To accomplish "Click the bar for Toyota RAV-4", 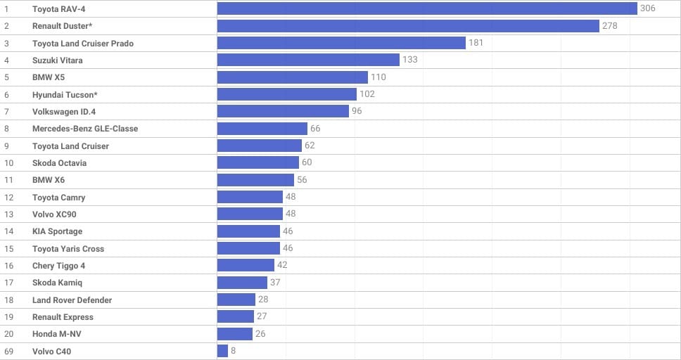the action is point(427,8).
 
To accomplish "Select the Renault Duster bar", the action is point(408,26).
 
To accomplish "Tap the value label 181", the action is point(476,43).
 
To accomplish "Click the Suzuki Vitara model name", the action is point(57,60).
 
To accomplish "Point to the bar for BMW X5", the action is point(292,77).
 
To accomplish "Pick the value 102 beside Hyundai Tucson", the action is point(367,94).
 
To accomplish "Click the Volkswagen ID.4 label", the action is point(64,112).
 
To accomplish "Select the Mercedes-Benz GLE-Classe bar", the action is point(262,129).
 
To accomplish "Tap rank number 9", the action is point(6,146).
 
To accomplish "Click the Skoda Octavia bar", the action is point(258,162).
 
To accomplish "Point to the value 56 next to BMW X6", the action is point(302,179).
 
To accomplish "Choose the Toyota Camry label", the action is point(58,198).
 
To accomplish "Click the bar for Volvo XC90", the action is point(250,214).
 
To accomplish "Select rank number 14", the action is point(8,231).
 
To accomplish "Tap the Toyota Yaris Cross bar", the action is point(248,248).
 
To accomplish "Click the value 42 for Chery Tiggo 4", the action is point(282,265).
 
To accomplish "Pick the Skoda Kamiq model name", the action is point(57,283).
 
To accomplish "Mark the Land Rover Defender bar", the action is point(236,300).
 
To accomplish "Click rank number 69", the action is point(8,352).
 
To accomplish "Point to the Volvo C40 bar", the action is point(222,351).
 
